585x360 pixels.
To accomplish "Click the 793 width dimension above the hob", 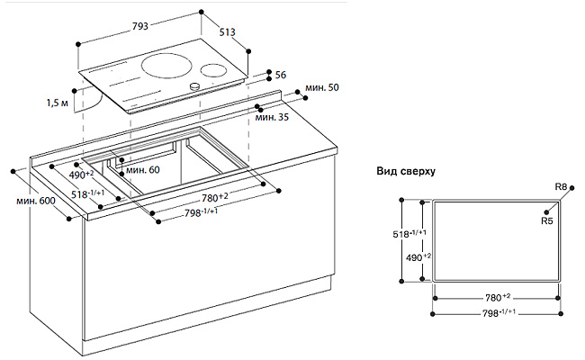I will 140,27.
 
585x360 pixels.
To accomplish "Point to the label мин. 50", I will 320,87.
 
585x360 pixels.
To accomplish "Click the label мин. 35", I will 271,116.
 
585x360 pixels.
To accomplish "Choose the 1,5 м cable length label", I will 58,104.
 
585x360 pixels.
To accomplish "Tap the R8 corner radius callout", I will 561,187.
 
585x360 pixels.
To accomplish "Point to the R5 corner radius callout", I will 546,220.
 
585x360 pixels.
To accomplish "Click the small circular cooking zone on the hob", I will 213,70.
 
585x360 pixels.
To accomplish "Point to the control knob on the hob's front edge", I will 193,86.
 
